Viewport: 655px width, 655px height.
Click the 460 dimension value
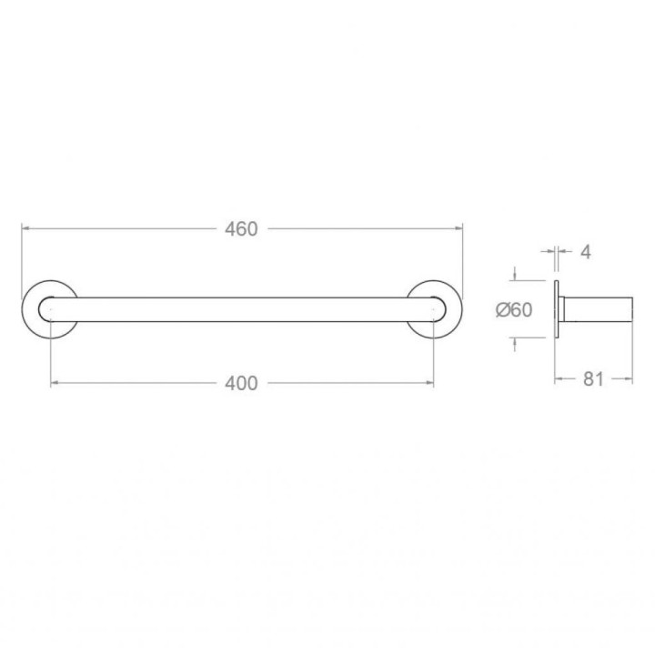(x=241, y=229)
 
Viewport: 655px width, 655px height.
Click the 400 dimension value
(x=241, y=384)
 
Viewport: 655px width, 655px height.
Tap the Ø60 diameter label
(x=514, y=310)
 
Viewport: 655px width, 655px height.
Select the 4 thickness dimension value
(x=586, y=252)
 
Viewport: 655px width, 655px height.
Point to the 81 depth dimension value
(x=593, y=379)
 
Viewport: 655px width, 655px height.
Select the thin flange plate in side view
(x=557, y=309)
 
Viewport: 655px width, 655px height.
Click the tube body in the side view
(x=598, y=309)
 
